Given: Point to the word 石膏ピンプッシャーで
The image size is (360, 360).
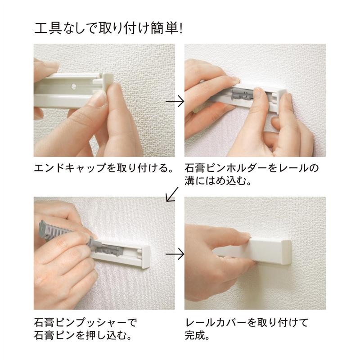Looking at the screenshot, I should tap(85, 322).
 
